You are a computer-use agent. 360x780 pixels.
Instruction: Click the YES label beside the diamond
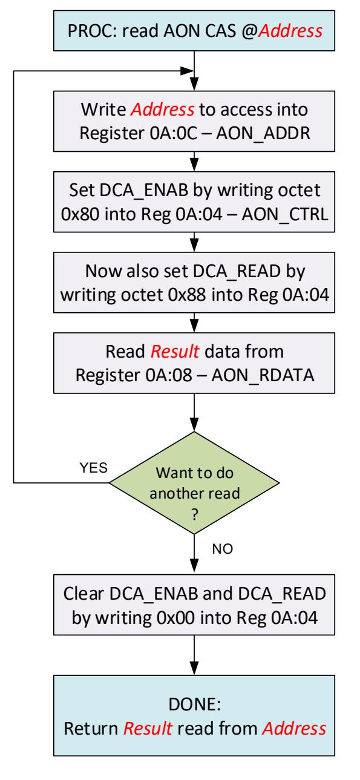93,468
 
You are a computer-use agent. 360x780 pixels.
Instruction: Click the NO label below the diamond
223,549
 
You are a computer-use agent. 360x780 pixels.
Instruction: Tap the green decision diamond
194,483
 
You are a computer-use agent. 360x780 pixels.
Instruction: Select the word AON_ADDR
263,133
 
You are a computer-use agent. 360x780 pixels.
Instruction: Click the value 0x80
80,214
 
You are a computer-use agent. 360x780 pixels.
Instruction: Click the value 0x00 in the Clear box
176,618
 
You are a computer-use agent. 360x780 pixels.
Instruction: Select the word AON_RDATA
263,375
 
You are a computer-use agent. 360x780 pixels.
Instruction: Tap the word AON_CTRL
285,214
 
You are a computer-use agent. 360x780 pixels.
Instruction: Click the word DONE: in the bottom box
195,704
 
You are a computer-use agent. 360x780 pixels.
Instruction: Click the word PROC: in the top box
93,31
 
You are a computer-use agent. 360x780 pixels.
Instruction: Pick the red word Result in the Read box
175,352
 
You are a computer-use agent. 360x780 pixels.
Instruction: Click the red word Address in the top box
290,31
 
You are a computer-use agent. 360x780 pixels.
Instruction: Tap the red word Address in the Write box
162,110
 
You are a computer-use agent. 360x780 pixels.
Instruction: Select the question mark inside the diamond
195,514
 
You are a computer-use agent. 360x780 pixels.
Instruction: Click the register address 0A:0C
174,133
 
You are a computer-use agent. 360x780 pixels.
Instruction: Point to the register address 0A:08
169,375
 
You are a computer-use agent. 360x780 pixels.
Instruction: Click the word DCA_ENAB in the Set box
144,191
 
